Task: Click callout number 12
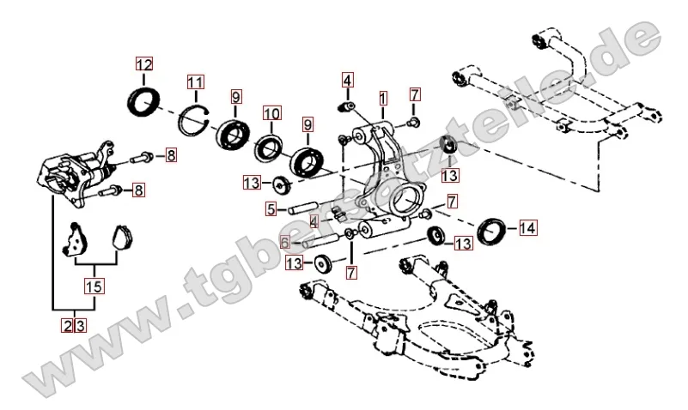click(x=143, y=64)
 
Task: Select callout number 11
click(x=196, y=82)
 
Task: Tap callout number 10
click(x=271, y=113)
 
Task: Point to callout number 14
click(x=527, y=228)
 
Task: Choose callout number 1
click(x=382, y=97)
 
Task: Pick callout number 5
click(x=270, y=208)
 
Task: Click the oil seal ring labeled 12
click(x=143, y=99)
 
